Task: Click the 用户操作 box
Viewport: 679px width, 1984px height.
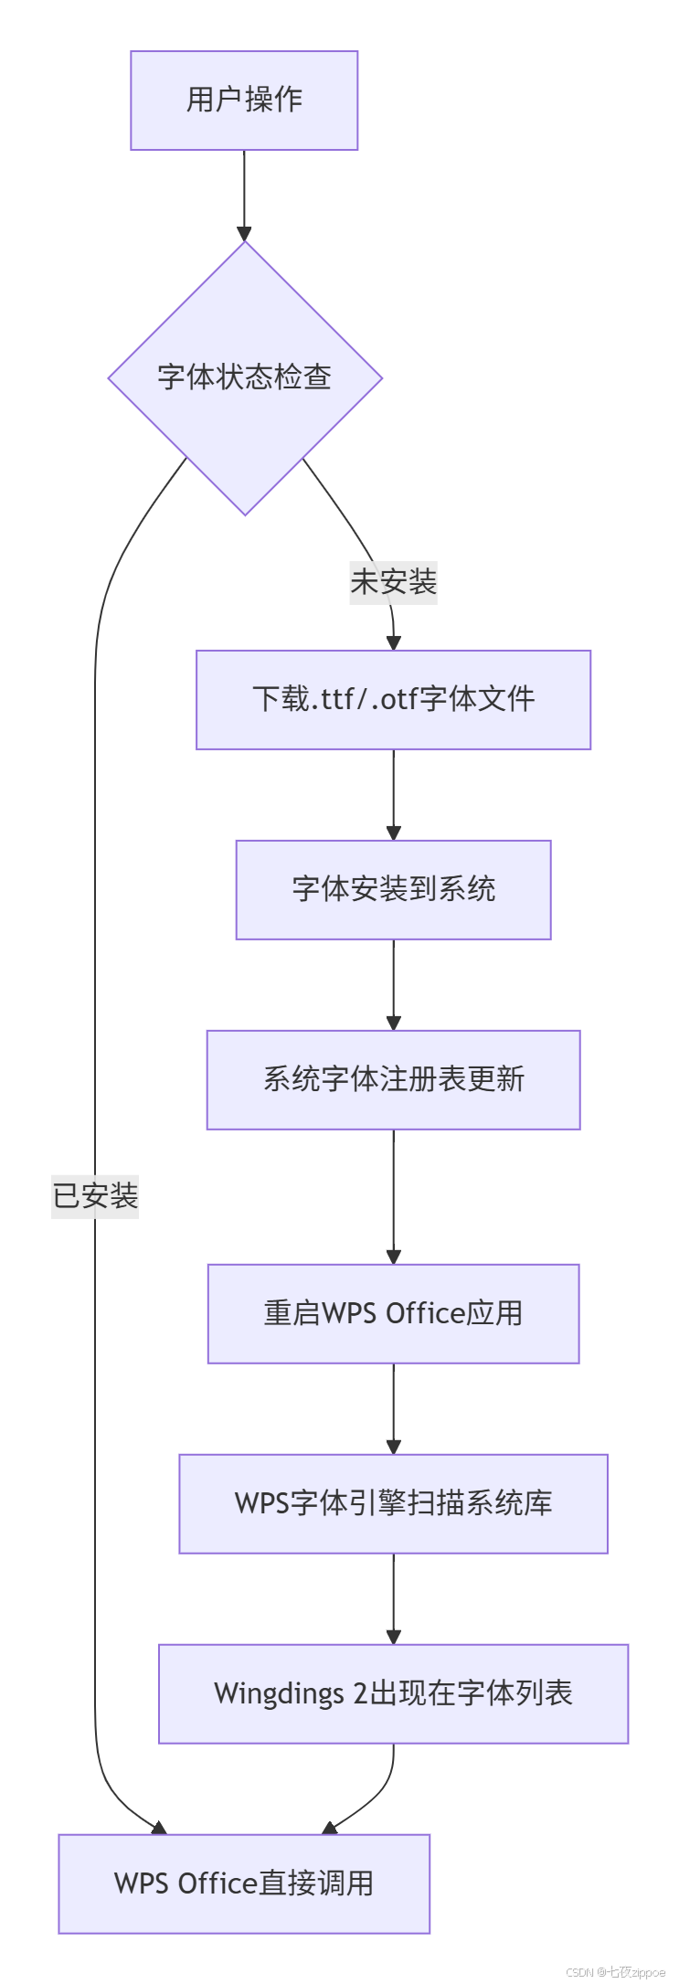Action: (244, 101)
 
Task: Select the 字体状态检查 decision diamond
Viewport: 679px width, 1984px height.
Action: (244, 377)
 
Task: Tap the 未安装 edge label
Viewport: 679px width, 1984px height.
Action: (393, 582)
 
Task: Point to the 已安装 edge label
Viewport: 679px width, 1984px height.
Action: (95, 1196)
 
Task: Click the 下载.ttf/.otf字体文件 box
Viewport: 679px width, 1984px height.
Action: (393, 700)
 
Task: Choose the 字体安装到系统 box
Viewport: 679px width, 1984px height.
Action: (393, 890)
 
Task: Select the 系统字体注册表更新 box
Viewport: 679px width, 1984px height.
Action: (393, 1080)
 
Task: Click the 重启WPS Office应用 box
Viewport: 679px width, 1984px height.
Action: (393, 1314)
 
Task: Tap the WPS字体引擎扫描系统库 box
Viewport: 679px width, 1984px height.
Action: (393, 1504)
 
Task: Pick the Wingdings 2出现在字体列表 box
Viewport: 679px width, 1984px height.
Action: (393, 1694)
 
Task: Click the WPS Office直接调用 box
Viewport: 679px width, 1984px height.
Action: (244, 1884)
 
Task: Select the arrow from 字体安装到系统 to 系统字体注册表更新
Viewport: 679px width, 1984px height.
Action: (393, 984)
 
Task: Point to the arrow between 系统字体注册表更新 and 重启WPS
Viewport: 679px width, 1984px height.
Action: (393, 1196)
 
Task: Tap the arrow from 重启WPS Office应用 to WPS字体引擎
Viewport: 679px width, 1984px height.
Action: (393, 1408)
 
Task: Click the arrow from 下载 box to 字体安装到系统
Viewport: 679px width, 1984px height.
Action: (393, 794)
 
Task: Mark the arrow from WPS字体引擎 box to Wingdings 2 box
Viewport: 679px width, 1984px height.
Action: (393, 1598)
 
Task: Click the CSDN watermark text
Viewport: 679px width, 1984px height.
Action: (615, 1972)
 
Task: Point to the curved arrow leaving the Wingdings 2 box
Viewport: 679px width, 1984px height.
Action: (376, 1796)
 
